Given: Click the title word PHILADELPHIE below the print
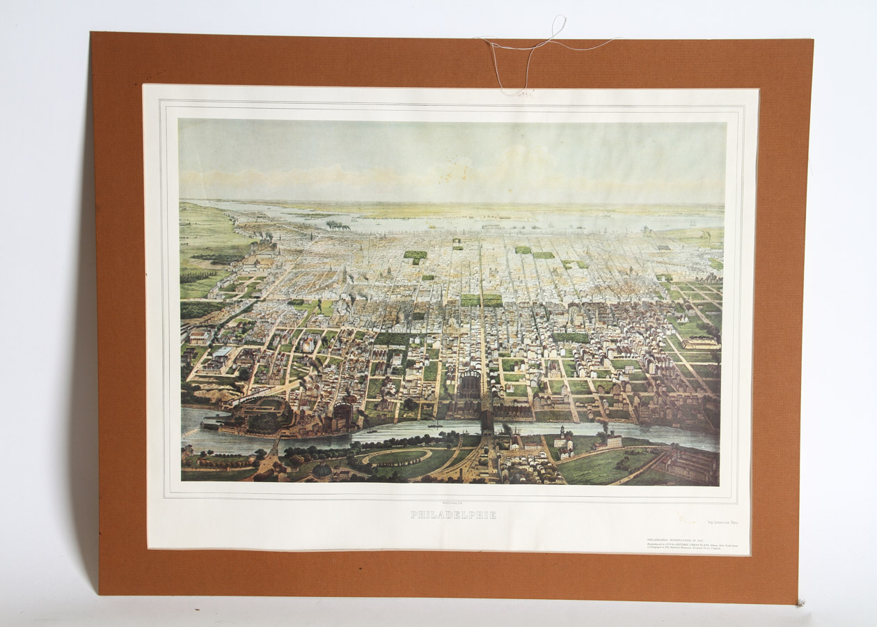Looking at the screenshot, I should pyautogui.click(x=453, y=515).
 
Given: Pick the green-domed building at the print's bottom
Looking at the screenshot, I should pyautogui.click(x=322, y=472).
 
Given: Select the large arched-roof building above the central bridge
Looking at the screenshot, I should pyautogui.click(x=470, y=384).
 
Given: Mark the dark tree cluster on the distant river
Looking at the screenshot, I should pyautogui.click(x=338, y=225).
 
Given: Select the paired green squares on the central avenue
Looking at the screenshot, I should pyautogui.click(x=481, y=300).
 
